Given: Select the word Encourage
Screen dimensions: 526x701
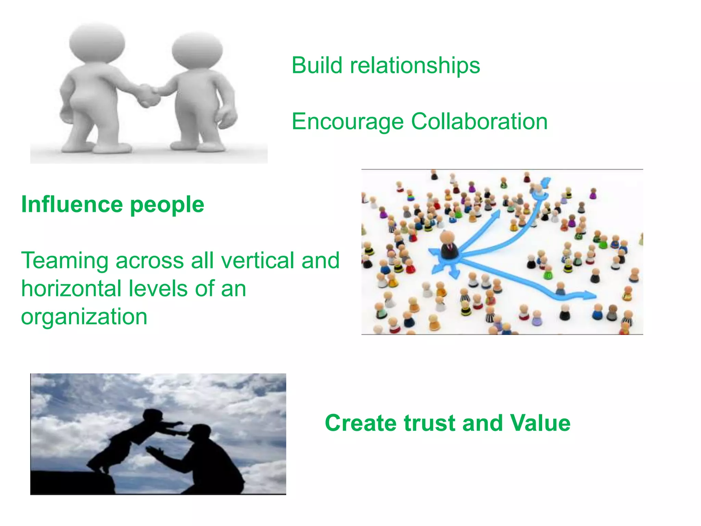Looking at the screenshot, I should [x=347, y=122].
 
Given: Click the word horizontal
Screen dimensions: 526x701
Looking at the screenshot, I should [x=71, y=288].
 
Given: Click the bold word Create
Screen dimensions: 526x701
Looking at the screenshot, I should [x=361, y=423].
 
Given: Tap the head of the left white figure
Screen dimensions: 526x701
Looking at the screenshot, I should [x=97, y=43].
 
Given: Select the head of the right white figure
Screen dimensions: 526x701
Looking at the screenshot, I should [x=197, y=51].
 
